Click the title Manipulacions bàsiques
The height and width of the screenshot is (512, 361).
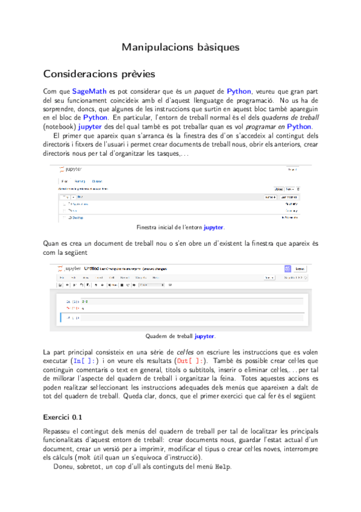[180, 46]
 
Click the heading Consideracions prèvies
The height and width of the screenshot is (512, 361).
[99, 74]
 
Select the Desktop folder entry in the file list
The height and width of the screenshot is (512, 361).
[76, 217]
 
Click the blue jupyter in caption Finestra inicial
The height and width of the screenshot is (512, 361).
[213, 228]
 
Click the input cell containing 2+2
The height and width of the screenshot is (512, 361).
[181, 301]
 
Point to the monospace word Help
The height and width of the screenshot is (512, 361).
[223, 467]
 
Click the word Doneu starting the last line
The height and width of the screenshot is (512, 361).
[66, 467]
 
